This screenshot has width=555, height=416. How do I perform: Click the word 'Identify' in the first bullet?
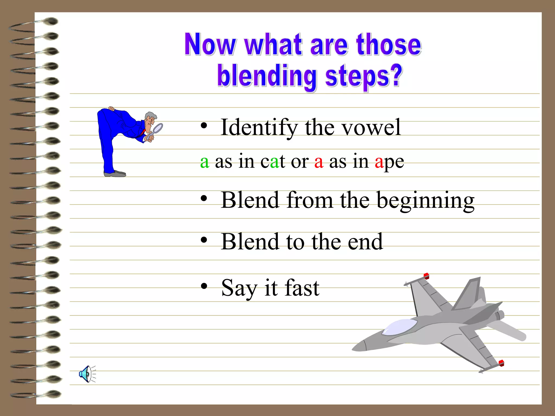coord(259,127)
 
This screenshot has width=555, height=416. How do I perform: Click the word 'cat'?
coord(273,162)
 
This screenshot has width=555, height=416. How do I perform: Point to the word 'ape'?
coord(389,162)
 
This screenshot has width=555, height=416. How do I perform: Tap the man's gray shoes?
coord(115,174)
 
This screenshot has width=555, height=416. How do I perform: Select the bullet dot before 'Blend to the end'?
coord(204,240)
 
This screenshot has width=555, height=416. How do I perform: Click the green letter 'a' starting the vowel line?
coord(205,162)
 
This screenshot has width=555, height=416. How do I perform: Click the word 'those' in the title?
coord(389,45)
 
